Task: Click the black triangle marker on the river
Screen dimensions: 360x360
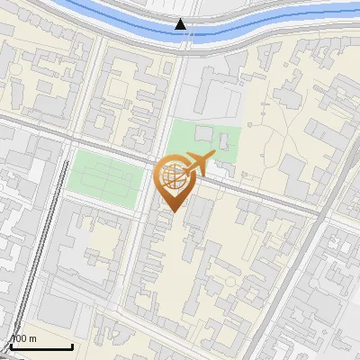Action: (182, 24)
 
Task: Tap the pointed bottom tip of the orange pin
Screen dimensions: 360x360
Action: (171, 212)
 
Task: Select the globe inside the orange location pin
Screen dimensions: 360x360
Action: (171, 176)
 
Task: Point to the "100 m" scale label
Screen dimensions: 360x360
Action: (22, 338)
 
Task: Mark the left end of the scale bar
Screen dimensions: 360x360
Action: (12, 347)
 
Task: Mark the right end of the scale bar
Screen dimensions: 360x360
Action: (72, 347)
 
